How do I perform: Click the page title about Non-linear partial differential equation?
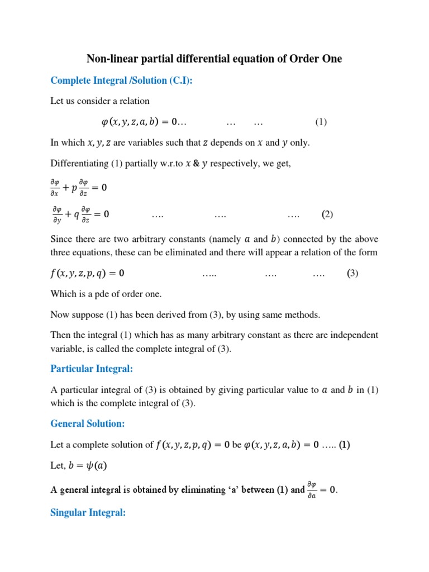(x=214, y=58)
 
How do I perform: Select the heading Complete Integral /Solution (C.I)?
(x=121, y=80)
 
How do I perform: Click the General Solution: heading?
(x=88, y=423)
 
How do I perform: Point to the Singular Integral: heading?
(x=88, y=512)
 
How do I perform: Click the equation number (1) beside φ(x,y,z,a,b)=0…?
(x=320, y=122)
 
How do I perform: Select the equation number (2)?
(x=327, y=214)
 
